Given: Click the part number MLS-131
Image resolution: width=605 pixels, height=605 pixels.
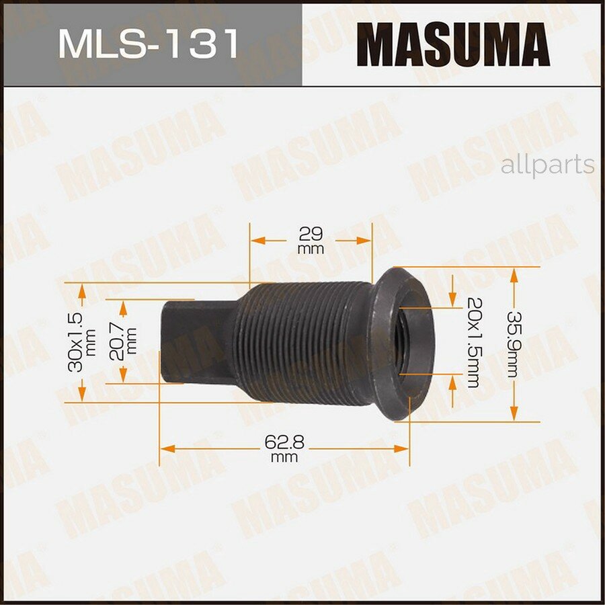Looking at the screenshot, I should coord(149,44).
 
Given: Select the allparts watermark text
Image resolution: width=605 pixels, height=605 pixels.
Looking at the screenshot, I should coord(547,165).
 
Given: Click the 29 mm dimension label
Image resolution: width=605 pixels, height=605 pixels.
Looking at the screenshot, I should coord(311,240).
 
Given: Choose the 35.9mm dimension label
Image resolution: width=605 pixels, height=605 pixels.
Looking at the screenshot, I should coord(515,344).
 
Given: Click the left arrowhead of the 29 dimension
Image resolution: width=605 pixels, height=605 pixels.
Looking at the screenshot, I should coord(256,240).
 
